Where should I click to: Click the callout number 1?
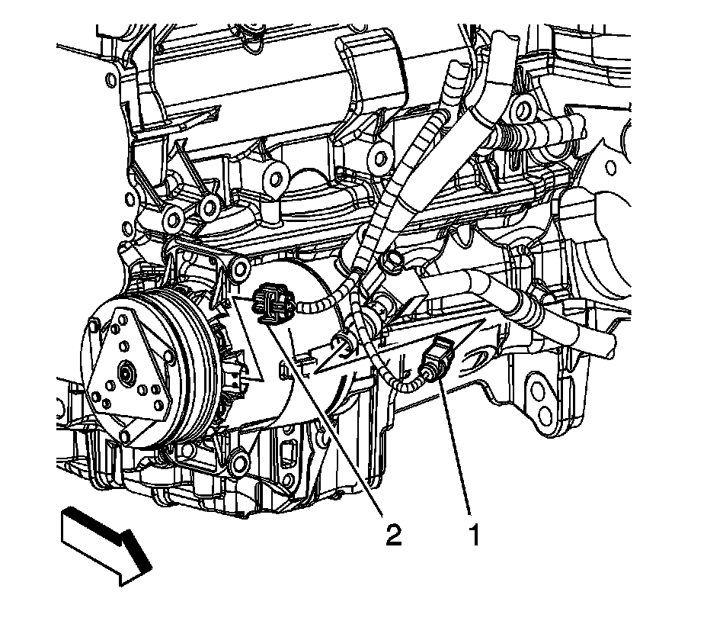[475, 535]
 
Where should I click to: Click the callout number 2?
[393, 535]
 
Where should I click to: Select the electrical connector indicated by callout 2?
[271, 304]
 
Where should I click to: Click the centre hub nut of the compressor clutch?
[124, 372]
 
